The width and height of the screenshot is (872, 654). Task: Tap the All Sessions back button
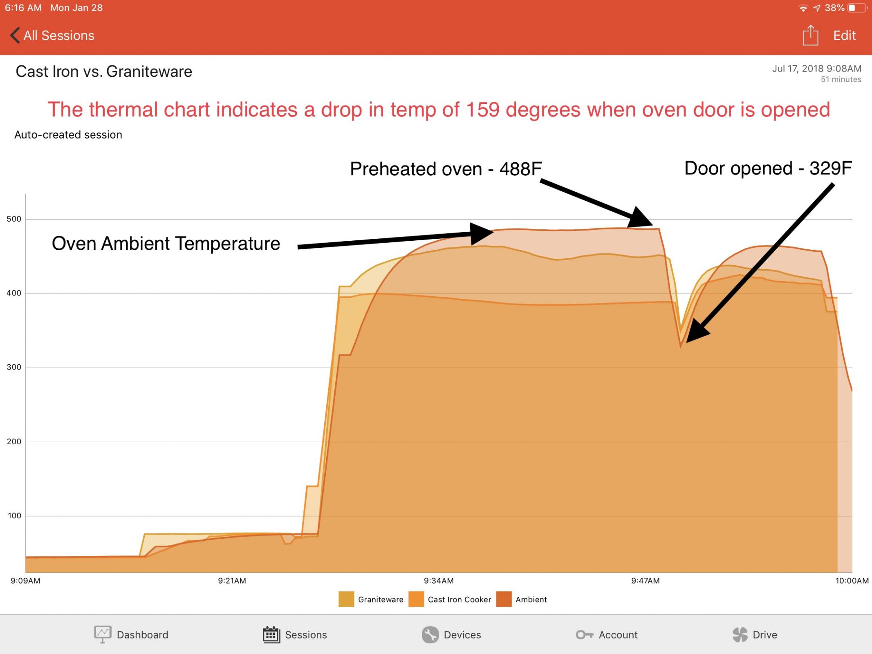pyautogui.click(x=52, y=36)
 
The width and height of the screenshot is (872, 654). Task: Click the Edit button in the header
pyautogui.click(x=845, y=36)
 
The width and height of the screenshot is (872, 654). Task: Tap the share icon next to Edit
pyautogui.click(x=810, y=35)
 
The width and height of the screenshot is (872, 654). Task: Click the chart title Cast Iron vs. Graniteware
pyautogui.click(x=104, y=72)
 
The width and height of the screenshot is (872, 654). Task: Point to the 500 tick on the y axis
pyautogui.click(x=14, y=219)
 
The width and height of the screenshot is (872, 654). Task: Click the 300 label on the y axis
pyautogui.click(x=14, y=367)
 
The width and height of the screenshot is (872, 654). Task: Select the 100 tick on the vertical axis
pyautogui.click(x=14, y=516)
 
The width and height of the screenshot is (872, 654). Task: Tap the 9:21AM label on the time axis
pyautogui.click(x=232, y=581)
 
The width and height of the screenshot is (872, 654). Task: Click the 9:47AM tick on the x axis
pyautogui.click(x=646, y=581)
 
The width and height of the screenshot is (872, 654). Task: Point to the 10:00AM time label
pyautogui.click(x=852, y=581)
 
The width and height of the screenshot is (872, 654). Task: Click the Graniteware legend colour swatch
pyautogui.click(x=346, y=599)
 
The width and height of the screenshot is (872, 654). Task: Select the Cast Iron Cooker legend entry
pyautogui.click(x=450, y=599)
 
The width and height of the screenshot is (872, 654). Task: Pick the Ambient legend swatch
pyautogui.click(x=504, y=599)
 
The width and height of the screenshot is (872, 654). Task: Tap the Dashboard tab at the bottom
pyautogui.click(x=131, y=634)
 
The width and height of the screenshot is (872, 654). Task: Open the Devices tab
pyautogui.click(x=451, y=634)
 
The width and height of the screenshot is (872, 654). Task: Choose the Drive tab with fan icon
pyautogui.click(x=755, y=634)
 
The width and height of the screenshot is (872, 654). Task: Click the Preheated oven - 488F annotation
pyautogui.click(x=446, y=169)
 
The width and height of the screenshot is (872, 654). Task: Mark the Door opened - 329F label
pyautogui.click(x=768, y=168)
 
